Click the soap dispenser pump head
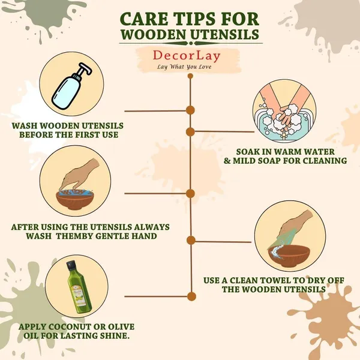pyautogui.click(x=84, y=68)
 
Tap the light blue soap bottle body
pyautogui.click(x=66, y=91)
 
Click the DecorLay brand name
pyautogui.click(x=187, y=56)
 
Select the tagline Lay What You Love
pyautogui.click(x=184, y=67)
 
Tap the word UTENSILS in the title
pyautogui.click(x=225, y=35)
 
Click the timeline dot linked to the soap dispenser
pyautogui.click(x=190, y=110)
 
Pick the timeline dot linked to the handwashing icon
pyautogui.click(x=190, y=132)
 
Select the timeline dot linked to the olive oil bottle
pyautogui.click(x=191, y=296)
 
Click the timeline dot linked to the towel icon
pyautogui.click(x=191, y=241)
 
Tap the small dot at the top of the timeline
pyautogui.click(x=190, y=76)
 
